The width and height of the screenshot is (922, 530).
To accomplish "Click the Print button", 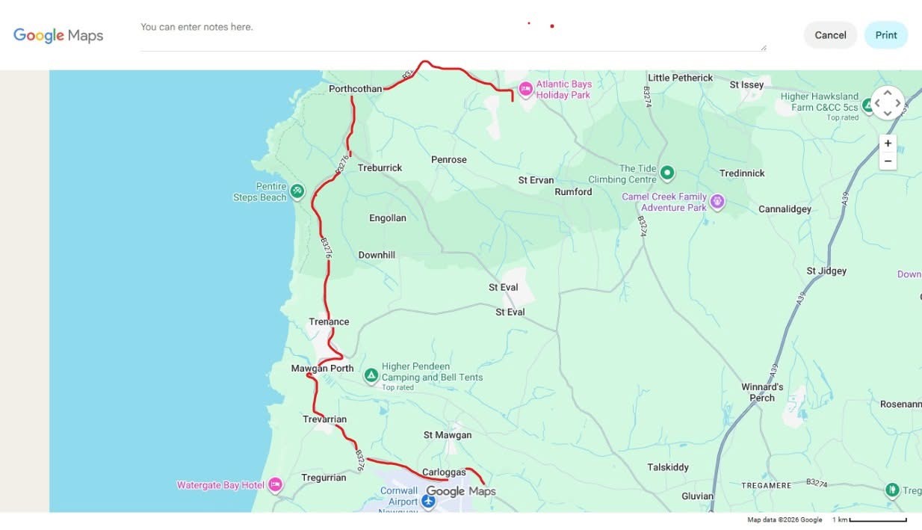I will (885, 35).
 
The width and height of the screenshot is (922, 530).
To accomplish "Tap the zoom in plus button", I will (888, 144).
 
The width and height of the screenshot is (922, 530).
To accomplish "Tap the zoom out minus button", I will (888, 161).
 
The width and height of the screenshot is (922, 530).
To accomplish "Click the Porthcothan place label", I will (355, 89).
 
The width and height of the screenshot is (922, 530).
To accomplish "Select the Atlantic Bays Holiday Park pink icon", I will (525, 88).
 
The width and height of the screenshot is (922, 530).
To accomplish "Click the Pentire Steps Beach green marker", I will (297, 191).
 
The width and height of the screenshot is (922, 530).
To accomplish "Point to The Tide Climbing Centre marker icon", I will (667, 173).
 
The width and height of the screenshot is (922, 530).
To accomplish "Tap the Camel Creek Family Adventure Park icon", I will (717, 201).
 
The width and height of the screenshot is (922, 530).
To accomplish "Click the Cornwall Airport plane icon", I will (428, 500).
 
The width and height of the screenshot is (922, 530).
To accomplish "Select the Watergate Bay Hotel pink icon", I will (275, 484).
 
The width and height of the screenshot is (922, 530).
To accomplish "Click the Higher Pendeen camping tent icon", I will (371, 375).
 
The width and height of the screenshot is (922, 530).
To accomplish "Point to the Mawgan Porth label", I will (322, 369).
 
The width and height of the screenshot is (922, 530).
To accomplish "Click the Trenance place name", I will (329, 322).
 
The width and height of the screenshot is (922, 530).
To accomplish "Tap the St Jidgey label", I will (826, 271).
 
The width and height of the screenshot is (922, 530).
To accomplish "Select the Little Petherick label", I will (680, 78).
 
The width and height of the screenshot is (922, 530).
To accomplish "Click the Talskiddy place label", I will (668, 467).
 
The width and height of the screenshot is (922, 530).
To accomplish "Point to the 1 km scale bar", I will (878, 520).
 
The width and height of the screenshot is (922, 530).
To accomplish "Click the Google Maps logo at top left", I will (58, 35).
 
